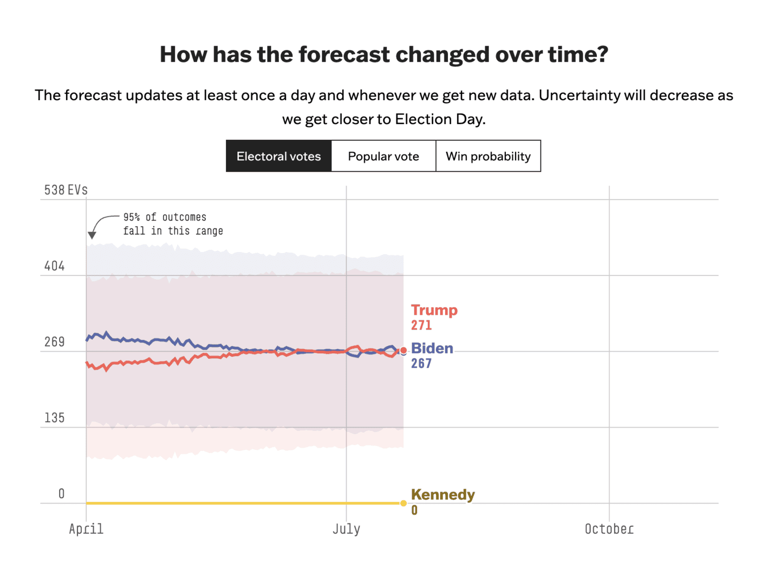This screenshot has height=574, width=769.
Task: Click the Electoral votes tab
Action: pos(278,156)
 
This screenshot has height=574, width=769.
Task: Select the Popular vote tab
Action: pos(383,156)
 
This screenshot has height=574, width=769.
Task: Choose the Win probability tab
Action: pos(488,156)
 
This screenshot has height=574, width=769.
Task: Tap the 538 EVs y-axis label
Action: pos(66,190)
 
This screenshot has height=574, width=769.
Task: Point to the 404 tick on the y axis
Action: pos(54,266)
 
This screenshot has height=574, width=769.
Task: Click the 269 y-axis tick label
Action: pos(54,342)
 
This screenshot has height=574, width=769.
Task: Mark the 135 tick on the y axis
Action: pos(54,418)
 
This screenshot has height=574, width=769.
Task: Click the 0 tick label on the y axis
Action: pos(61,494)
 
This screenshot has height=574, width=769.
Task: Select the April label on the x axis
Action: pos(86,529)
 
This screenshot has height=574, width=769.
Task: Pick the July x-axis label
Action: pos(347,529)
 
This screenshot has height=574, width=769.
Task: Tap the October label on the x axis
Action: pos(609,529)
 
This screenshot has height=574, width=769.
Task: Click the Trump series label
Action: pos(434,310)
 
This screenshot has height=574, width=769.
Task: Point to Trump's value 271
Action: pos(421,325)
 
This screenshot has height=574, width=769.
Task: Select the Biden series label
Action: pos(432,348)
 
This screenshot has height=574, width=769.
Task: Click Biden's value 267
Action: pos(421,363)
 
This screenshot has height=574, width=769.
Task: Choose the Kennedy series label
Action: pos(443,494)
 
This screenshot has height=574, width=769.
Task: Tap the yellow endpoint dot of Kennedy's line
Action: pos(403,504)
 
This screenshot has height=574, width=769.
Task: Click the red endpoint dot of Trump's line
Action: pos(403,351)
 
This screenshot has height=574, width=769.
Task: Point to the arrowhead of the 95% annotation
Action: pos(92,235)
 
